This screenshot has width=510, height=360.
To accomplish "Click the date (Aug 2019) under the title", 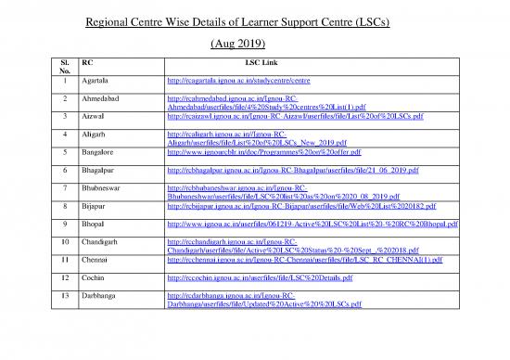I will [255, 43].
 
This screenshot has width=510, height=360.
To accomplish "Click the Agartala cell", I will [98, 81].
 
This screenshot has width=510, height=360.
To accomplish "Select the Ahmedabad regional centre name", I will [104, 101].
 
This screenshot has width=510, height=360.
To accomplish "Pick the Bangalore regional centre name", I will [101, 151].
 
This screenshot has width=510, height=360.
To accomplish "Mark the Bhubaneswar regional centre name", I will [106, 191].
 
